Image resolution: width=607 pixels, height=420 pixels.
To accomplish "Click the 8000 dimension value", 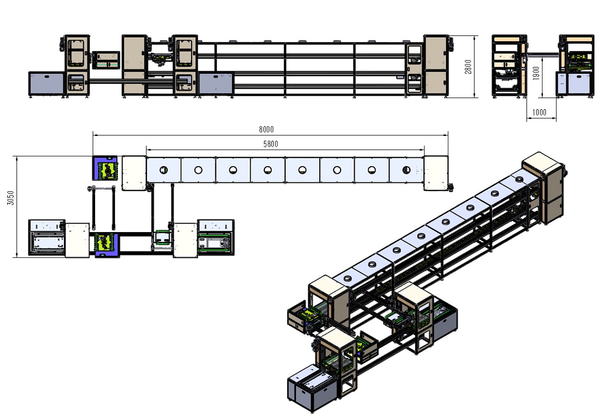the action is pos(266,129).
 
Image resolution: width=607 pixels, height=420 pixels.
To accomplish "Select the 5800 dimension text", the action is pos(271,144).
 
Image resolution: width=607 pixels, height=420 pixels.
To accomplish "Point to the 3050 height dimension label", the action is pos(10,198).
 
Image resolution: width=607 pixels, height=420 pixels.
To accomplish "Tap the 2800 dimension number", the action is pos(468,67).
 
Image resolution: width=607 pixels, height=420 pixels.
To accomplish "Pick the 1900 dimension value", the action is pos(536,73).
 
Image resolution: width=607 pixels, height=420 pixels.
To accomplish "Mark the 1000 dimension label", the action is pos(539,112).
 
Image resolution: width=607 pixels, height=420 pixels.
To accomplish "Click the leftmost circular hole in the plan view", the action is pos(163,170).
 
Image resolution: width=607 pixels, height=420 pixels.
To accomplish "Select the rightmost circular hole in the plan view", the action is pos(406,170).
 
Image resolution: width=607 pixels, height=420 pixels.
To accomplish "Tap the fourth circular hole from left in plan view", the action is pos(267,170).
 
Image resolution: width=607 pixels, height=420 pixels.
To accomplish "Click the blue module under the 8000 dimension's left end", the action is pos(105,168).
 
